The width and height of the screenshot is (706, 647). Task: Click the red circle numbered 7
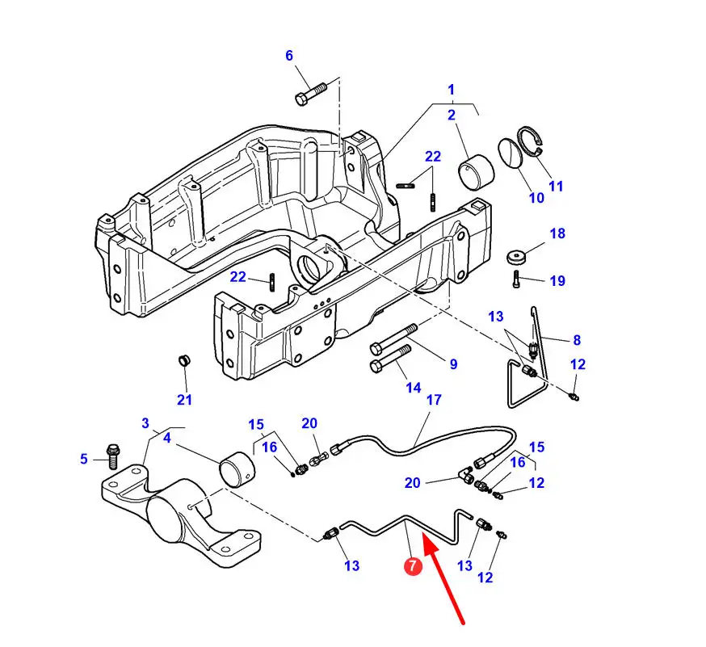[x=413, y=566]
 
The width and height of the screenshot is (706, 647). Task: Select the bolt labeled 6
[x=310, y=93]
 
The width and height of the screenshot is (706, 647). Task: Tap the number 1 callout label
[x=452, y=90]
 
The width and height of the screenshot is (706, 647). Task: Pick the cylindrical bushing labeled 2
[x=476, y=172]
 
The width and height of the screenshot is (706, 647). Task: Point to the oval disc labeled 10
[x=510, y=153]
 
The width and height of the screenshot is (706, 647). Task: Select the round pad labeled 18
[x=516, y=257]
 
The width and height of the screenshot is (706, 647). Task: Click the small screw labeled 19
[x=516, y=279]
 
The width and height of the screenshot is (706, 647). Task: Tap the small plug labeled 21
[x=183, y=360]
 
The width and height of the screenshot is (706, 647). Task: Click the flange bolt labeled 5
[x=111, y=456]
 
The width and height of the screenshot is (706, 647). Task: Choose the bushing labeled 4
[x=237, y=469]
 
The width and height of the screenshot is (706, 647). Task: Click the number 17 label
[x=434, y=400]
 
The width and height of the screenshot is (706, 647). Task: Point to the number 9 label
[x=453, y=363]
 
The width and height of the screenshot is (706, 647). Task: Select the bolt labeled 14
[x=390, y=359]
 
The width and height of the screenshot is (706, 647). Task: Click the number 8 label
[x=577, y=340]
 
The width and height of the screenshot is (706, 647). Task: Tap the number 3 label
[x=145, y=423]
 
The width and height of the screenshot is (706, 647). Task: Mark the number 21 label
[x=184, y=399]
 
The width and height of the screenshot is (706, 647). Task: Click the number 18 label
[x=557, y=233]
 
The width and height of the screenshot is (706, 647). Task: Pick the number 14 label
[x=414, y=388]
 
